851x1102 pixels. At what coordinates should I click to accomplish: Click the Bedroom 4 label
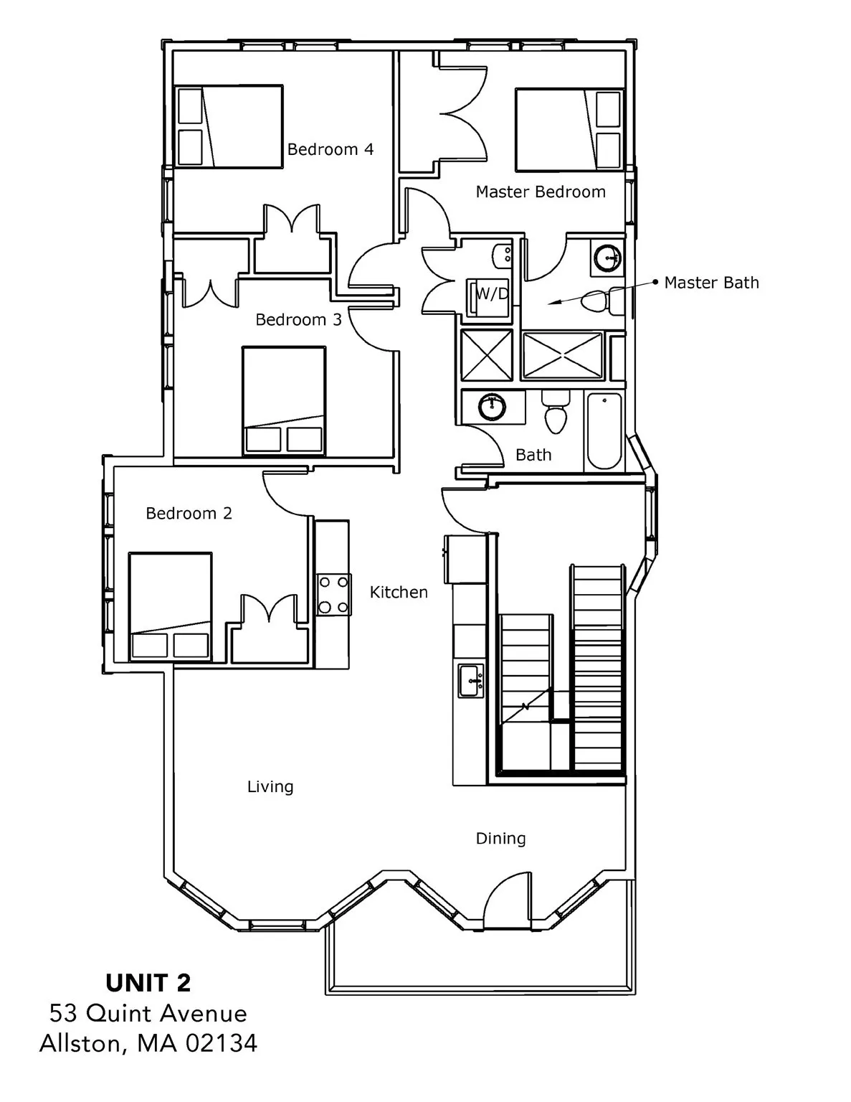point(330,149)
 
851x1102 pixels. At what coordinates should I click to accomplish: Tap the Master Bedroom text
point(540,192)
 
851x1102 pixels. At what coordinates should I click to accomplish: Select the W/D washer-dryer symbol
point(490,294)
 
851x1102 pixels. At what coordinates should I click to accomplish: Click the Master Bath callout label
point(710,283)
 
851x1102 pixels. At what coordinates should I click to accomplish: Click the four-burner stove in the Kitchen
point(333,595)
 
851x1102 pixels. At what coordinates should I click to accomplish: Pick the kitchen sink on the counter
point(471,680)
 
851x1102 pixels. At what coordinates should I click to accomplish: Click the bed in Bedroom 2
point(170,606)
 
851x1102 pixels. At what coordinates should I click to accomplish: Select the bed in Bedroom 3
point(283,400)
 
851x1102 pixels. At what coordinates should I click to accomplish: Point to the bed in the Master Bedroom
point(569,130)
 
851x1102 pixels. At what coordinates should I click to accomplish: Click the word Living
point(270,787)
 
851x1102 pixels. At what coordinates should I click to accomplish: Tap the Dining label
point(500,838)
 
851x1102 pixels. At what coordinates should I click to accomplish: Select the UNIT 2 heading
point(148,982)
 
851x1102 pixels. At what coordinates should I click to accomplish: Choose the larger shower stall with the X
point(563,355)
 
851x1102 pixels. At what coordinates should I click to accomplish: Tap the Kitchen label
point(399,592)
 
